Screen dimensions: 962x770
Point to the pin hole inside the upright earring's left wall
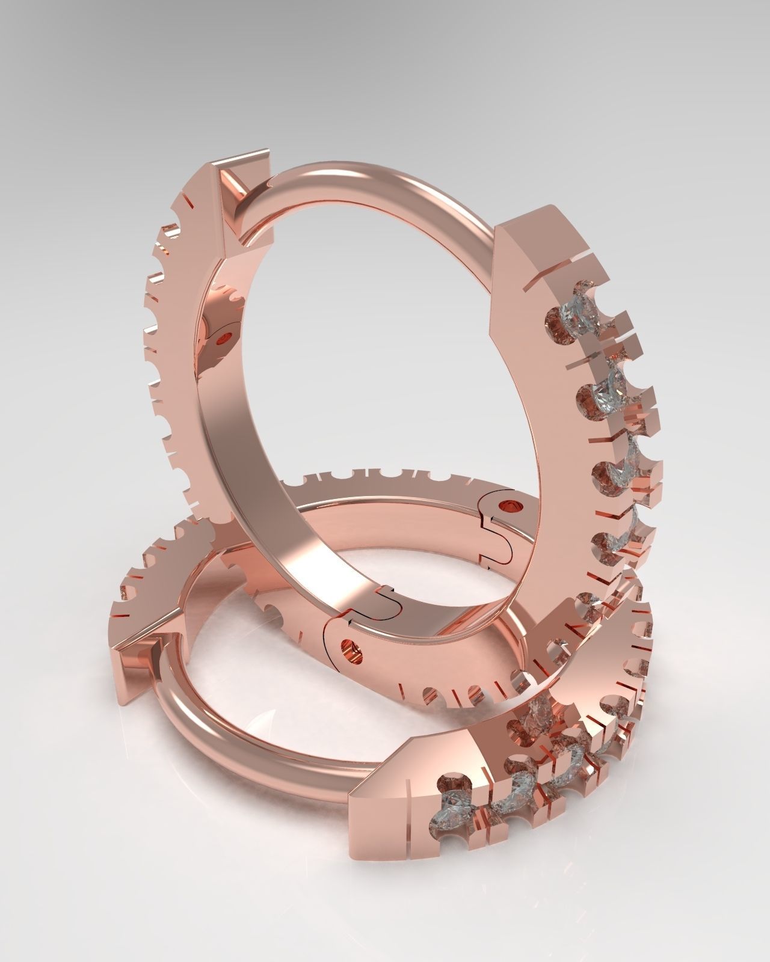coord(226,339)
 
